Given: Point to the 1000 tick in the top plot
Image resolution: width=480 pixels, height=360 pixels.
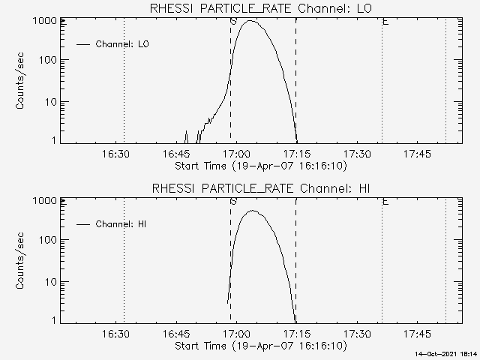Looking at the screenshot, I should click(x=45, y=21).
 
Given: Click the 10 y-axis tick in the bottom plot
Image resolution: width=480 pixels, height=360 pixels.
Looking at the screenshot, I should click(x=51, y=281).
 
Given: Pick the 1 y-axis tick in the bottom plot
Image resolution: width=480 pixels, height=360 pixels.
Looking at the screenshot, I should click(x=54, y=320).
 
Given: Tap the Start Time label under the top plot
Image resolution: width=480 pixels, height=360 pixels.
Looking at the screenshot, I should click(x=259, y=166).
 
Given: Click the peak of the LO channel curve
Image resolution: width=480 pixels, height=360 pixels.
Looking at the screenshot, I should click(x=250, y=21).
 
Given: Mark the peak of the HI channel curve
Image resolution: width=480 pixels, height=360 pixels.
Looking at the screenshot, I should click(x=252, y=211).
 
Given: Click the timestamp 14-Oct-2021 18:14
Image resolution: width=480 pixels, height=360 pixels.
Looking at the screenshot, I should click(x=448, y=353).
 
